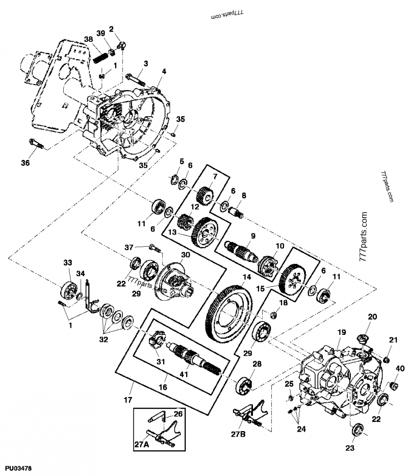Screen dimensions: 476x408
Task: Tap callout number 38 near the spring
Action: click(x=89, y=39)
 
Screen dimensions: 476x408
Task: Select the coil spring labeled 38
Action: click(x=103, y=53)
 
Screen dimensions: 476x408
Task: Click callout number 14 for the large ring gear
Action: click(x=247, y=278)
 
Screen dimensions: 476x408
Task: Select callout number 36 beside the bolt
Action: click(x=25, y=163)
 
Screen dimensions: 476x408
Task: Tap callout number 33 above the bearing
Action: click(x=68, y=262)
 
